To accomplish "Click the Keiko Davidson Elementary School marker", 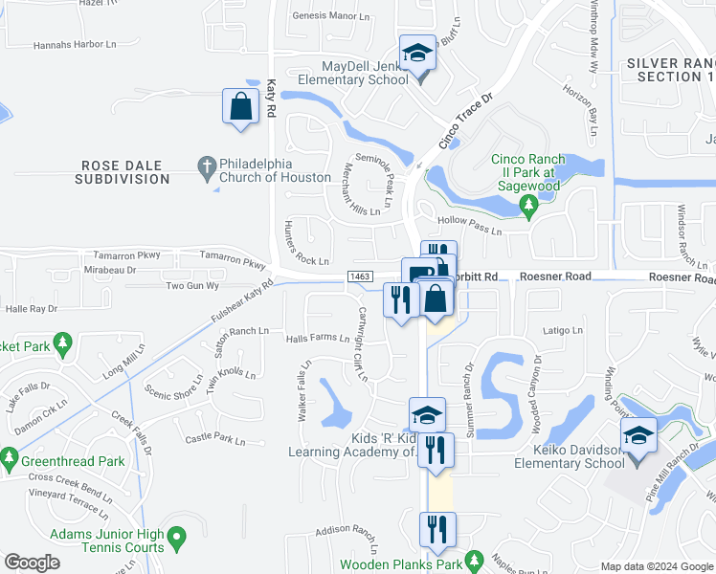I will point(638,435).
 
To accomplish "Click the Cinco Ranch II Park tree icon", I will point(527,205).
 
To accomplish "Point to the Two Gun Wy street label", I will point(192,286).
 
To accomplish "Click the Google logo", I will point(33,563).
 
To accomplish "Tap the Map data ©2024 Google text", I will point(657,566).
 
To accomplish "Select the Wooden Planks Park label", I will point(403,565).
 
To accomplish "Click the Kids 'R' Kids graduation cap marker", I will point(427,415).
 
